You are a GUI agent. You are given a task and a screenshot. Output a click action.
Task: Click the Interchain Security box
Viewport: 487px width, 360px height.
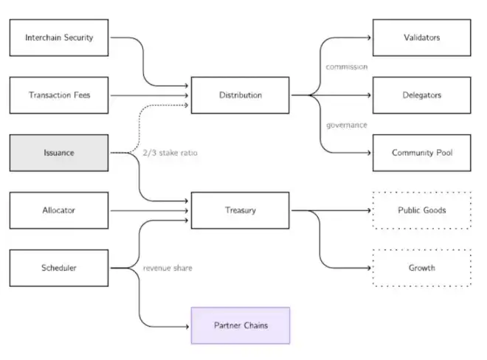[x=59, y=38]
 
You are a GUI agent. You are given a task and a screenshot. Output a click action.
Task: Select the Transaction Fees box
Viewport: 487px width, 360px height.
[x=59, y=95]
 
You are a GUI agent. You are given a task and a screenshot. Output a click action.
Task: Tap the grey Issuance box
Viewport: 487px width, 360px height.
[x=59, y=153]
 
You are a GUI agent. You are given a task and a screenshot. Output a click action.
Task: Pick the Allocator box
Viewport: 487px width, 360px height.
[x=59, y=210]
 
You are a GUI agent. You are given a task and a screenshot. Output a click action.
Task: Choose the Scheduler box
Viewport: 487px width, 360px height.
[x=59, y=268]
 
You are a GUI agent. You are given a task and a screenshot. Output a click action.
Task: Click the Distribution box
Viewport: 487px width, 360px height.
[x=241, y=95]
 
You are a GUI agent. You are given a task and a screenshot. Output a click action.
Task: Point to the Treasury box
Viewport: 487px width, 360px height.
[x=241, y=210]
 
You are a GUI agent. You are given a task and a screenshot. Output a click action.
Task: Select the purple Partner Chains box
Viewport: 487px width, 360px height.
[x=241, y=325]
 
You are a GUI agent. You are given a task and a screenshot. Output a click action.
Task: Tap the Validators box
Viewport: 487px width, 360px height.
[x=422, y=38]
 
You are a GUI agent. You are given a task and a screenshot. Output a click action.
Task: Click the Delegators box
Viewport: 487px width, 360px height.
[x=422, y=95]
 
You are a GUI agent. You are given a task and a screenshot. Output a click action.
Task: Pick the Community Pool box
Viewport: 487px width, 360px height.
[x=422, y=153]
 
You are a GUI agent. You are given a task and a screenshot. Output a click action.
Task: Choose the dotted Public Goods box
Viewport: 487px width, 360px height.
[x=422, y=210]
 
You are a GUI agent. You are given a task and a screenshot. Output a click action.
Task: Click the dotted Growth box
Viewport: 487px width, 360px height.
[x=422, y=268]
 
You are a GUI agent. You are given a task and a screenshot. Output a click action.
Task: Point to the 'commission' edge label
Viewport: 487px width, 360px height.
[x=347, y=67]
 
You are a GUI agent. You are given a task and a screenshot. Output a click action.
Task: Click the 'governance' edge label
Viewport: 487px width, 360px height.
[x=347, y=125]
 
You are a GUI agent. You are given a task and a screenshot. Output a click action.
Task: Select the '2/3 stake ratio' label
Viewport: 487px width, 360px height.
[x=170, y=153]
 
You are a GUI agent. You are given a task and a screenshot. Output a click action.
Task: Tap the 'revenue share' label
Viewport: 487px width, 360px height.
[x=167, y=268]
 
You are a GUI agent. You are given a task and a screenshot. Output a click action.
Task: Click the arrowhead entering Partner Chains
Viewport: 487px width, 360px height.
[x=187, y=327]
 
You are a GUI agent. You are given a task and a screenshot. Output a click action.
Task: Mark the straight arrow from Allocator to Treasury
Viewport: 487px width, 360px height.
[x=149, y=210]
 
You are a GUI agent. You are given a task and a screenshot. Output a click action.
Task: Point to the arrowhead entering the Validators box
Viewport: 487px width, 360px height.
[x=369, y=38]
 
